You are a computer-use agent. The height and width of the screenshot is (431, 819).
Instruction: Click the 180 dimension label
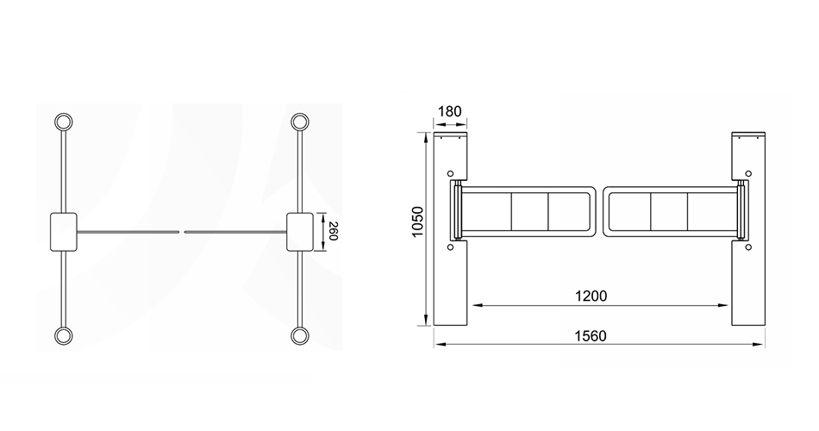tap(450, 111)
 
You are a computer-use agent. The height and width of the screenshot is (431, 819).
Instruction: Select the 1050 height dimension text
tap(418, 222)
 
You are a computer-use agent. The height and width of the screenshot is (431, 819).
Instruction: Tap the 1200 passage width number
tap(591, 297)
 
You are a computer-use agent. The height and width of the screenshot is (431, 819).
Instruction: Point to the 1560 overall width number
tap(591, 336)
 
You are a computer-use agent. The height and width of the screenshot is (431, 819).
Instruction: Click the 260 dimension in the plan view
tap(334, 231)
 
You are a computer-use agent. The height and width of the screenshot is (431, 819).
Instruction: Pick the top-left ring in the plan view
tap(64, 122)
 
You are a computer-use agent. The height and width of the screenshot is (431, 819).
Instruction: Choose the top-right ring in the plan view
tap(300, 122)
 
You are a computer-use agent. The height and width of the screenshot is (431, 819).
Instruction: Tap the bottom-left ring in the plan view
tap(64, 335)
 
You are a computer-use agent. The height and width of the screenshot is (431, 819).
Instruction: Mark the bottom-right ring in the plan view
tap(300, 335)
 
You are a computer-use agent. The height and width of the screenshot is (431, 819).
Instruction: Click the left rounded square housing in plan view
tap(64, 232)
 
